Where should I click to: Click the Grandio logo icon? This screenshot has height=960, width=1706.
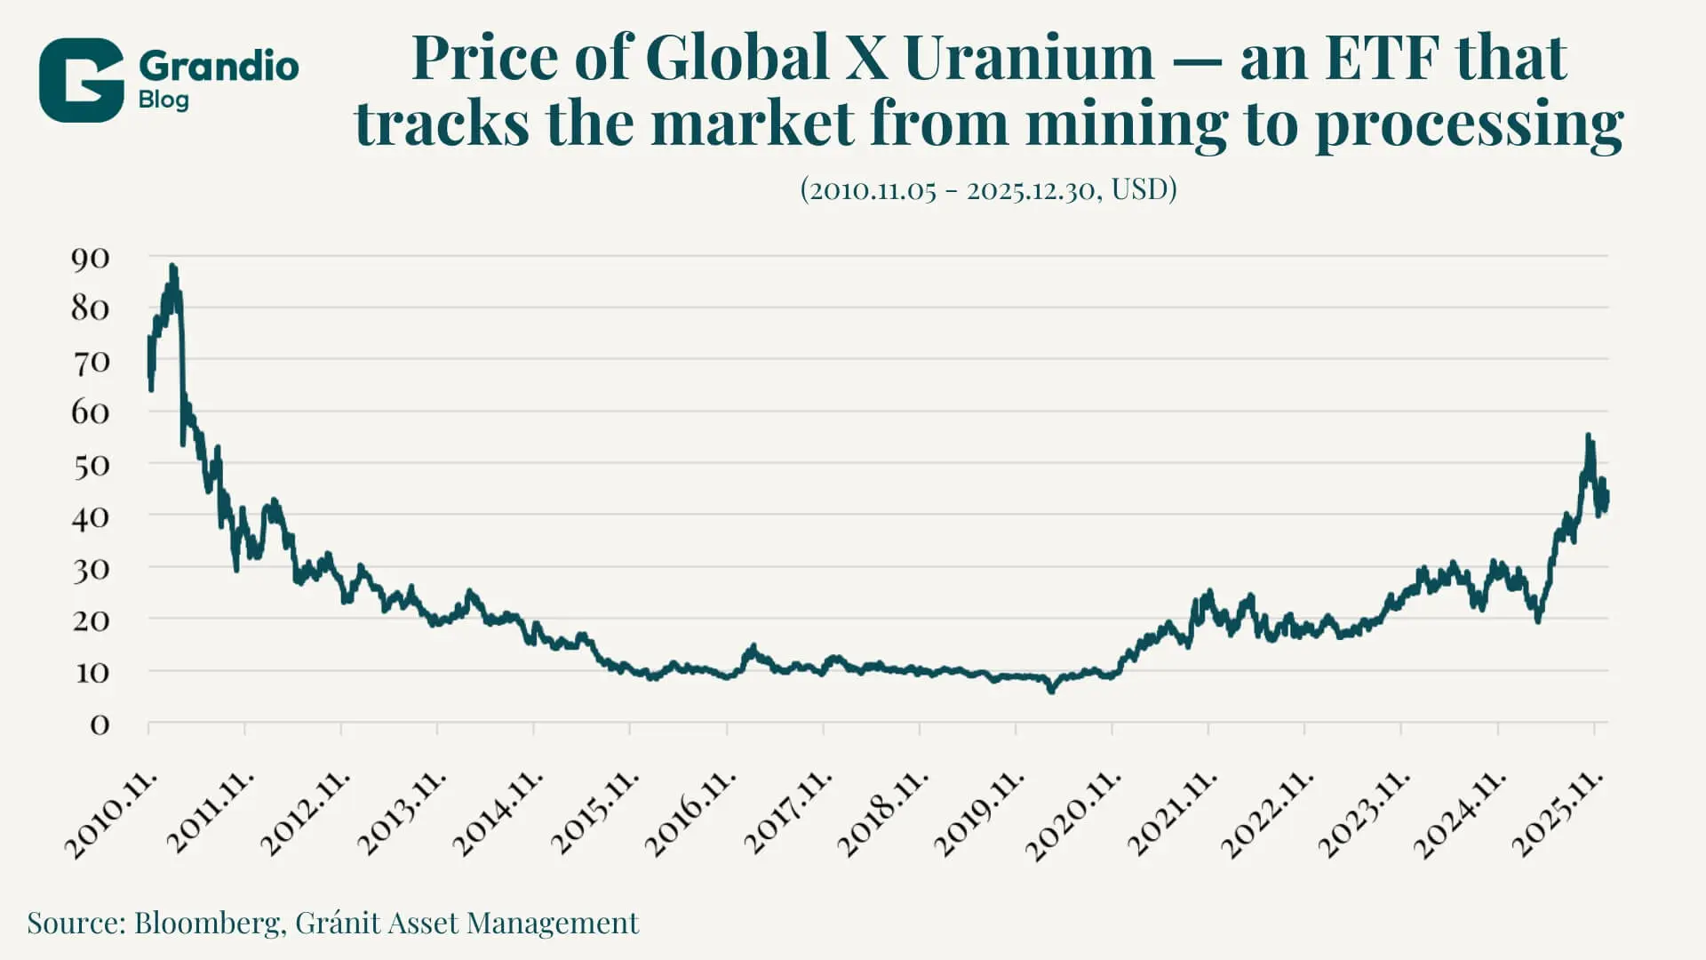click(x=81, y=80)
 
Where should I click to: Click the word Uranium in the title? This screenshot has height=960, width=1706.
click(x=1028, y=58)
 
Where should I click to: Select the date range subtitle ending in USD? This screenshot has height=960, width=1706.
click(x=988, y=189)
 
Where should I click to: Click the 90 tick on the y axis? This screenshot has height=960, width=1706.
click(x=90, y=259)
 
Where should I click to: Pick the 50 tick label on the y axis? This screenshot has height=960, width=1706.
click(x=90, y=466)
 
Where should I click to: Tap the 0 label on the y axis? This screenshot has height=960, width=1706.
click(x=100, y=725)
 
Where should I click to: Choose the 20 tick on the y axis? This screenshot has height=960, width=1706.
click(x=90, y=620)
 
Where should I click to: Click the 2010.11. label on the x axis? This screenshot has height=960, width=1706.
click(x=111, y=814)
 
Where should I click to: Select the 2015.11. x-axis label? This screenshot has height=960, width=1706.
click(x=594, y=814)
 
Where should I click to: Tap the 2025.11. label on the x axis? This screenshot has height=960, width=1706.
click(x=1558, y=814)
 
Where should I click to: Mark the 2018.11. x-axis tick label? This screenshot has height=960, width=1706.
click(x=882, y=814)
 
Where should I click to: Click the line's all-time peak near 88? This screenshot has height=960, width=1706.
click(x=172, y=266)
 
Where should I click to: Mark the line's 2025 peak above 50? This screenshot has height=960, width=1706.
click(x=1588, y=436)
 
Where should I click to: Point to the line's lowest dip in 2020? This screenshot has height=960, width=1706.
click(x=1052, y=690)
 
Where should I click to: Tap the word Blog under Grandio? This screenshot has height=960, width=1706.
click(x=163, y=100)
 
